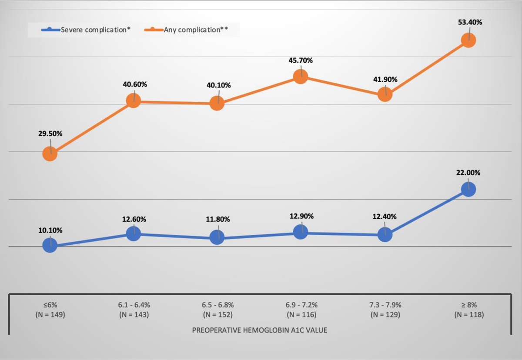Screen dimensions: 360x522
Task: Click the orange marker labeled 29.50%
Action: coord(50,153)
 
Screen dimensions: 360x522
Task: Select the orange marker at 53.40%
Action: coord(468,40)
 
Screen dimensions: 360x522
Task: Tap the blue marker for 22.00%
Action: coord(468,190)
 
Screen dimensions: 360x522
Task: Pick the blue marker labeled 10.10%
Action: coord(50,246)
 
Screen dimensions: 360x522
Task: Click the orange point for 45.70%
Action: coord(301,77)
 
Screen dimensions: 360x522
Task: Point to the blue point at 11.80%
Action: coord(217,237)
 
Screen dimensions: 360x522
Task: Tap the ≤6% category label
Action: coord(50,306)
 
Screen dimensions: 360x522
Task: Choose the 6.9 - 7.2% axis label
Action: coord(301,306)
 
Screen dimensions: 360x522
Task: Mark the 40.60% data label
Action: coord(134,84)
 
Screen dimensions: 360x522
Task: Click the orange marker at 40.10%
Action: coord(217,103)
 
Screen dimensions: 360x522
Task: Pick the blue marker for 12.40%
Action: coord(385,235)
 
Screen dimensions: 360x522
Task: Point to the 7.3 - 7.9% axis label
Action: coord(385,306)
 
